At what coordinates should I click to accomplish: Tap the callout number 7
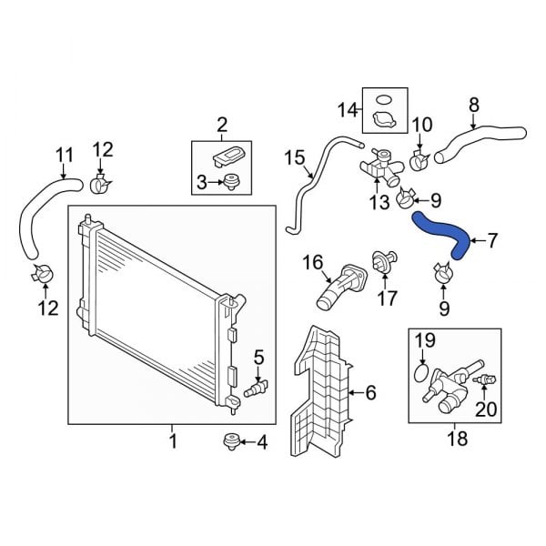pyautogui.click(x=492, y=241)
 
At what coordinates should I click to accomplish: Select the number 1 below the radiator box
pyautogui.click(x=173, y=442)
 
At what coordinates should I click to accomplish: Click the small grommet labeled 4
pyautogui.click(x=231, y=442)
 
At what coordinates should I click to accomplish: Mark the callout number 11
pyautogui.click(x=63, y=155)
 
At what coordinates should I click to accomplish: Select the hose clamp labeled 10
pyautogui.click(x=420, y=161)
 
